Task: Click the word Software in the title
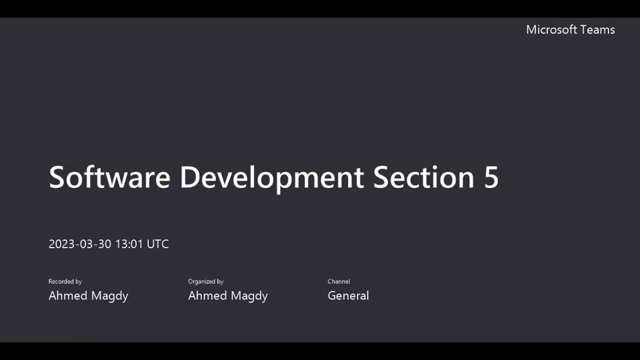tap(109, 177)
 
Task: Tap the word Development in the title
tap(271, 177)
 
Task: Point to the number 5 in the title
tap(491, 177)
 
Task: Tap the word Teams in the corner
tap(598, 29)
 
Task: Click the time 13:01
tap(129, 244)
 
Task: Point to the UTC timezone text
tap(157, 244)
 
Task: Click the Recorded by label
tap(65, 281)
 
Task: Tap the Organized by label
tap(205, 281)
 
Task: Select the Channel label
tap(338, 281)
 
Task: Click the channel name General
tap(348, 295)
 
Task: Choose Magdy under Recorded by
tap(108, 295)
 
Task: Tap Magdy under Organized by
tap(248, 295)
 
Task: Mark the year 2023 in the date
tap(61, 244)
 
